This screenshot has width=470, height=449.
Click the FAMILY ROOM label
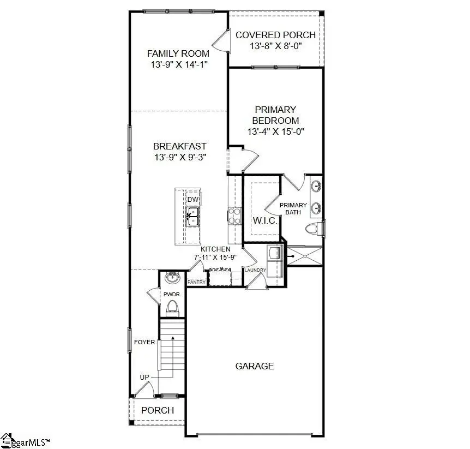pos(178,53)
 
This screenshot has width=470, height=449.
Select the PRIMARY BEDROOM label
pos(275,115)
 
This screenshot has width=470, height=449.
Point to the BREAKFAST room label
pos(179,146)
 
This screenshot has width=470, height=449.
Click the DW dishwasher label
pos(192,200)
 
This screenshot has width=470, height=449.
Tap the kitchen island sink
pos(192,219)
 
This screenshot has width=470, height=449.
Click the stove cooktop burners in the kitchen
pos(235,215)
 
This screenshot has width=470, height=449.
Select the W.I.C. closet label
pos(265,221)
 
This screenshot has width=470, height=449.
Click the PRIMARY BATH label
pos(293,208)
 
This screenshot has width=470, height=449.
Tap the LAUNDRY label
pos(255,270)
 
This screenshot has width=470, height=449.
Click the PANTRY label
pos(196,282)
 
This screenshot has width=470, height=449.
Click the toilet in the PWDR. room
pos(173,308)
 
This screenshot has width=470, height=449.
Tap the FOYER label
pos(144,343)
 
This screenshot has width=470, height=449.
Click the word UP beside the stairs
pos(145,378)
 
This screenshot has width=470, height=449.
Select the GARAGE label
pos(255,366)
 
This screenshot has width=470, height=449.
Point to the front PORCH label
pos(158,410)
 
